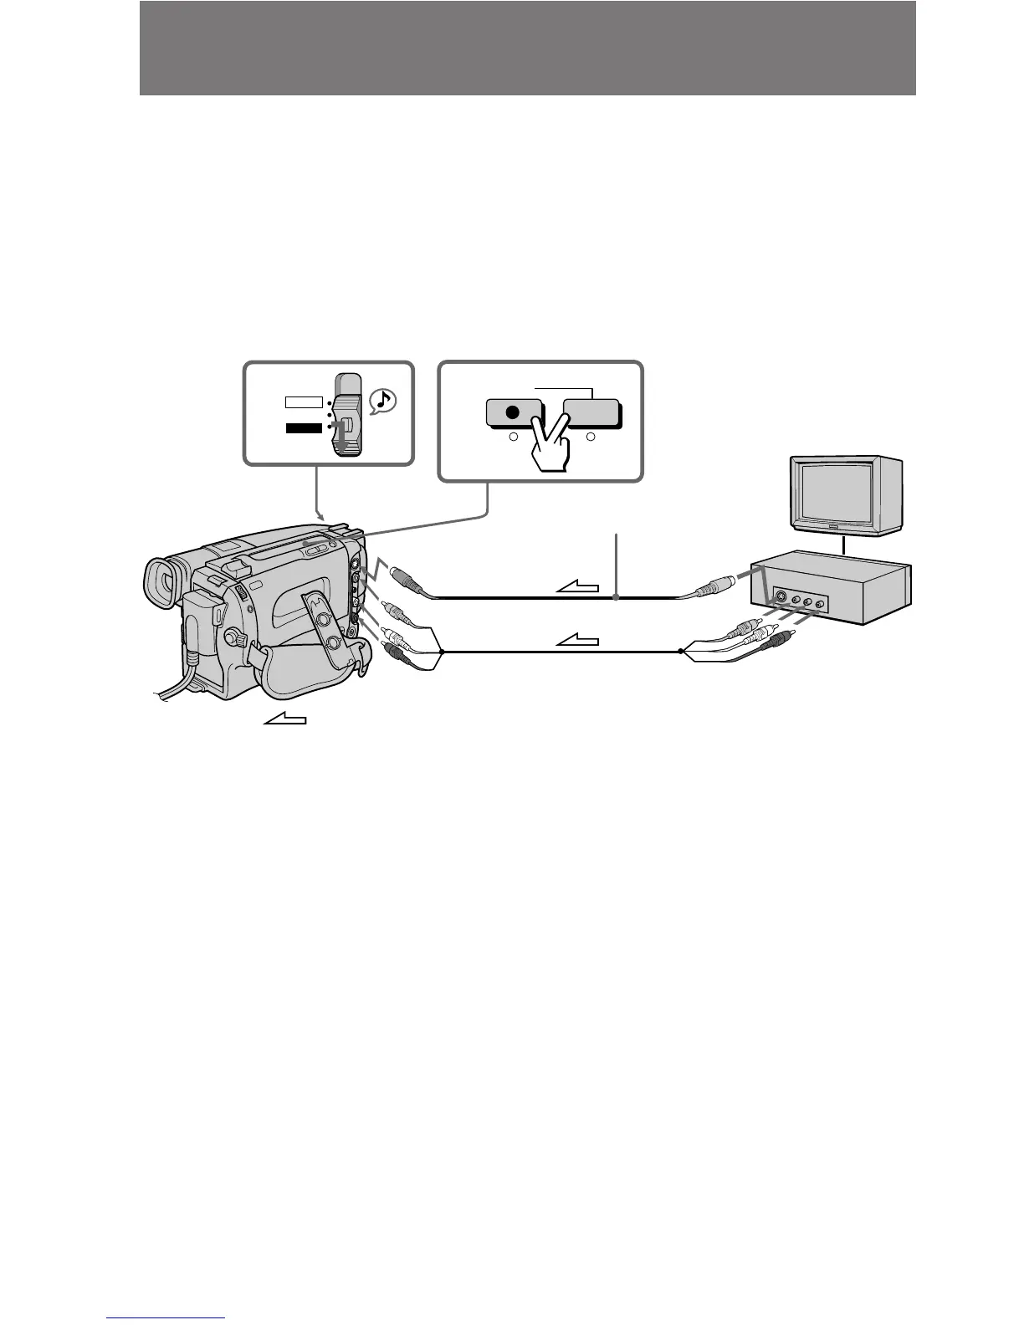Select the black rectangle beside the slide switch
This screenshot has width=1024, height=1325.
click(x=302, y=428)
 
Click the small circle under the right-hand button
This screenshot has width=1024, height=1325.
click(x=591, y=437)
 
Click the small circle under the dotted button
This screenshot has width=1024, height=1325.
click(x=514, y=437)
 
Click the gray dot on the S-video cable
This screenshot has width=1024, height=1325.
click(x=617, y=598)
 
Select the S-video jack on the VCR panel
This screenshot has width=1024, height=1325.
click(x=781, y=597)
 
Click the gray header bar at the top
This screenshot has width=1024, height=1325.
click(x=527, y=48)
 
